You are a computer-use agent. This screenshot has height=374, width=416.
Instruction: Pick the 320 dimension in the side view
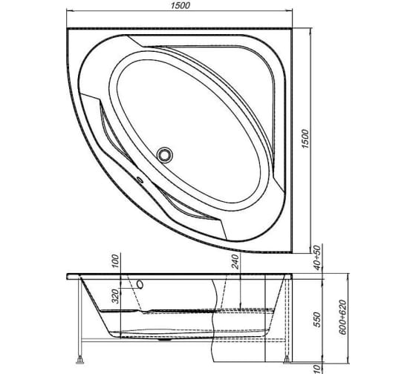point(116,296)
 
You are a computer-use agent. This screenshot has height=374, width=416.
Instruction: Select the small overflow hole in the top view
point(137,179)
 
